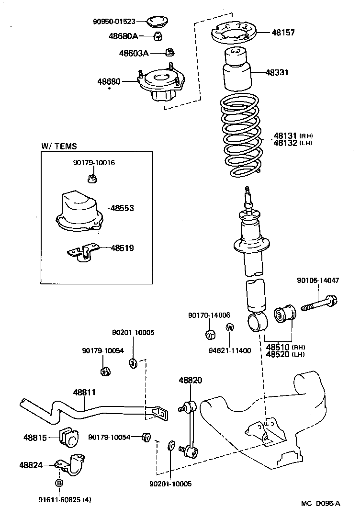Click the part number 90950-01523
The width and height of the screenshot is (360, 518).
[x=114, y=22]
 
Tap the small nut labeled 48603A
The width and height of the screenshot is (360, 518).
[x=169, y=52]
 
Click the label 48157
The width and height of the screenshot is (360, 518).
[x=283, y=33]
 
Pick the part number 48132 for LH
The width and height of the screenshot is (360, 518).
[x=285, y=143]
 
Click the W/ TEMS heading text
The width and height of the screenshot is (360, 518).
[x=59, y=146]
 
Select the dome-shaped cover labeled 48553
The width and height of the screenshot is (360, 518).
[x=79, y=211]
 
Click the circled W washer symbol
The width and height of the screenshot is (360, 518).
[x=230, y=328]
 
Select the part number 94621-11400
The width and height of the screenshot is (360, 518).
[x=229, y=350]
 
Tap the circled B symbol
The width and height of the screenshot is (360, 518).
[x=59, y=483]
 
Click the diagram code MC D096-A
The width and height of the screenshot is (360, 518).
[x=320, y=503]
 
